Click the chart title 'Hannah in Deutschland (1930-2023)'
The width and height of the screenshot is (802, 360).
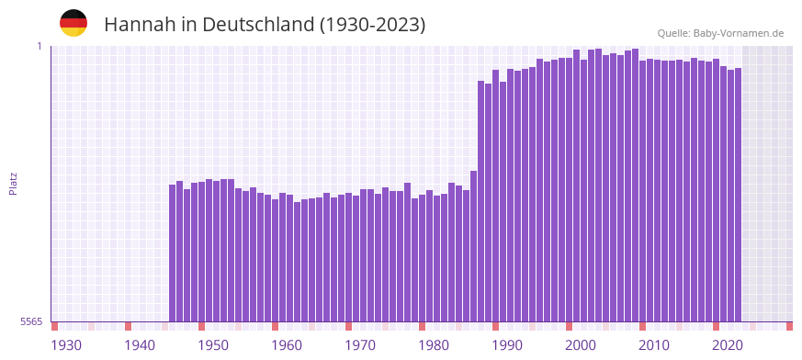pyautogui.click(x=265, y=25)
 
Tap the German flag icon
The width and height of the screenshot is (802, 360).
pyautogui.click(x=73, y=23)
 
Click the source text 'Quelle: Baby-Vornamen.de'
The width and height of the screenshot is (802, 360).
pyautogui.click(x=720, y=33)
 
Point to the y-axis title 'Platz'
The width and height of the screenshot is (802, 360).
pyautogui.click(x=13, y=183)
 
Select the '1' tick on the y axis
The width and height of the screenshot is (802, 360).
pyautogui.click(x=40, y=46)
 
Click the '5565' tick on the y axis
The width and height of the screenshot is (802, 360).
pyautogui.click(x=30, y=321)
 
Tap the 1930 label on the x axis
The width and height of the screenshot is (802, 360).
pyautogui.click(x=66, y=345)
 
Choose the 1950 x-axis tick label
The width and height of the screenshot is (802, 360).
pyautogui.click(x=213, y=345)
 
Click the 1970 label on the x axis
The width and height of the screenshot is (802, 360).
pyautogui.click(x=360, y=345)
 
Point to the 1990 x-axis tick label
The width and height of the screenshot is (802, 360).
pyautogui.click(x=507, y=345)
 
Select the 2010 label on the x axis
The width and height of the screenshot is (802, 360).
pyautogui.click(x=654, y=345)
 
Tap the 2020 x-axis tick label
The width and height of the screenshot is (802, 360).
pyautogui.click(x=728, y=345)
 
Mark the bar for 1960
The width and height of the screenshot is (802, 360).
pyautogui.click(x=289, y=258)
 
